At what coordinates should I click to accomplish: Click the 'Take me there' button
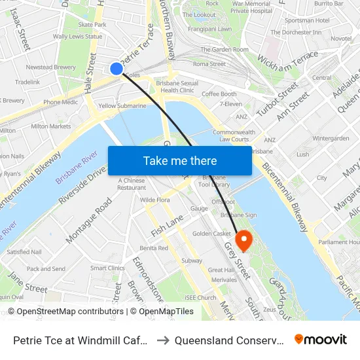(180, 160)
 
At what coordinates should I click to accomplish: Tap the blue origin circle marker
(117, 68)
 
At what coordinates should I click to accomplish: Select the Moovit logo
(320, 339)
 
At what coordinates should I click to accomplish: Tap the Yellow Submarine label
(122, 105)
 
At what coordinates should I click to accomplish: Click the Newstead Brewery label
(51, 67)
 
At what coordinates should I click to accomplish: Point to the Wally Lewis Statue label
(77, 37)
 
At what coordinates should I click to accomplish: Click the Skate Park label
(92, 25)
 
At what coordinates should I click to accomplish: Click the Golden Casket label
(211, 234)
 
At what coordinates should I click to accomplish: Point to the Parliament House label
(338, 242)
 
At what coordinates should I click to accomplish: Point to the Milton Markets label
(50, 126)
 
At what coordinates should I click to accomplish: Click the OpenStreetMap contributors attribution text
(65, 312)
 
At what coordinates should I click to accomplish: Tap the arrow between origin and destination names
(164, 340)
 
